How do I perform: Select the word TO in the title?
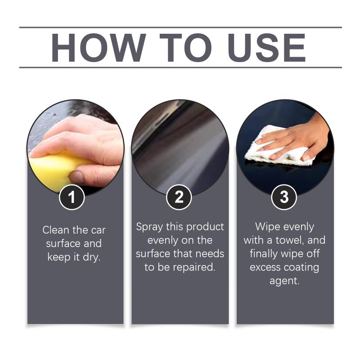pos(185,48)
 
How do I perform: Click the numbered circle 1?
pos(72,197)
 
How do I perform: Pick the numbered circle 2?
pos(179,197)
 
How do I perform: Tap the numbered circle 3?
pos(284,197)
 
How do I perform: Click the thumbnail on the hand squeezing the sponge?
pos(76,176)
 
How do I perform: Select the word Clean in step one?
pos(56,230)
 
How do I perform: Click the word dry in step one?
pos(92,257)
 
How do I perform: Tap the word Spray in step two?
pos(149,227)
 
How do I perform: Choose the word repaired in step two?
pos(194,267)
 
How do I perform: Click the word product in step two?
pos(205,227)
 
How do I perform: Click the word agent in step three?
pos(284,281)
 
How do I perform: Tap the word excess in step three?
pos(265,267)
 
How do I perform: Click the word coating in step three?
pos(301,268)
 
